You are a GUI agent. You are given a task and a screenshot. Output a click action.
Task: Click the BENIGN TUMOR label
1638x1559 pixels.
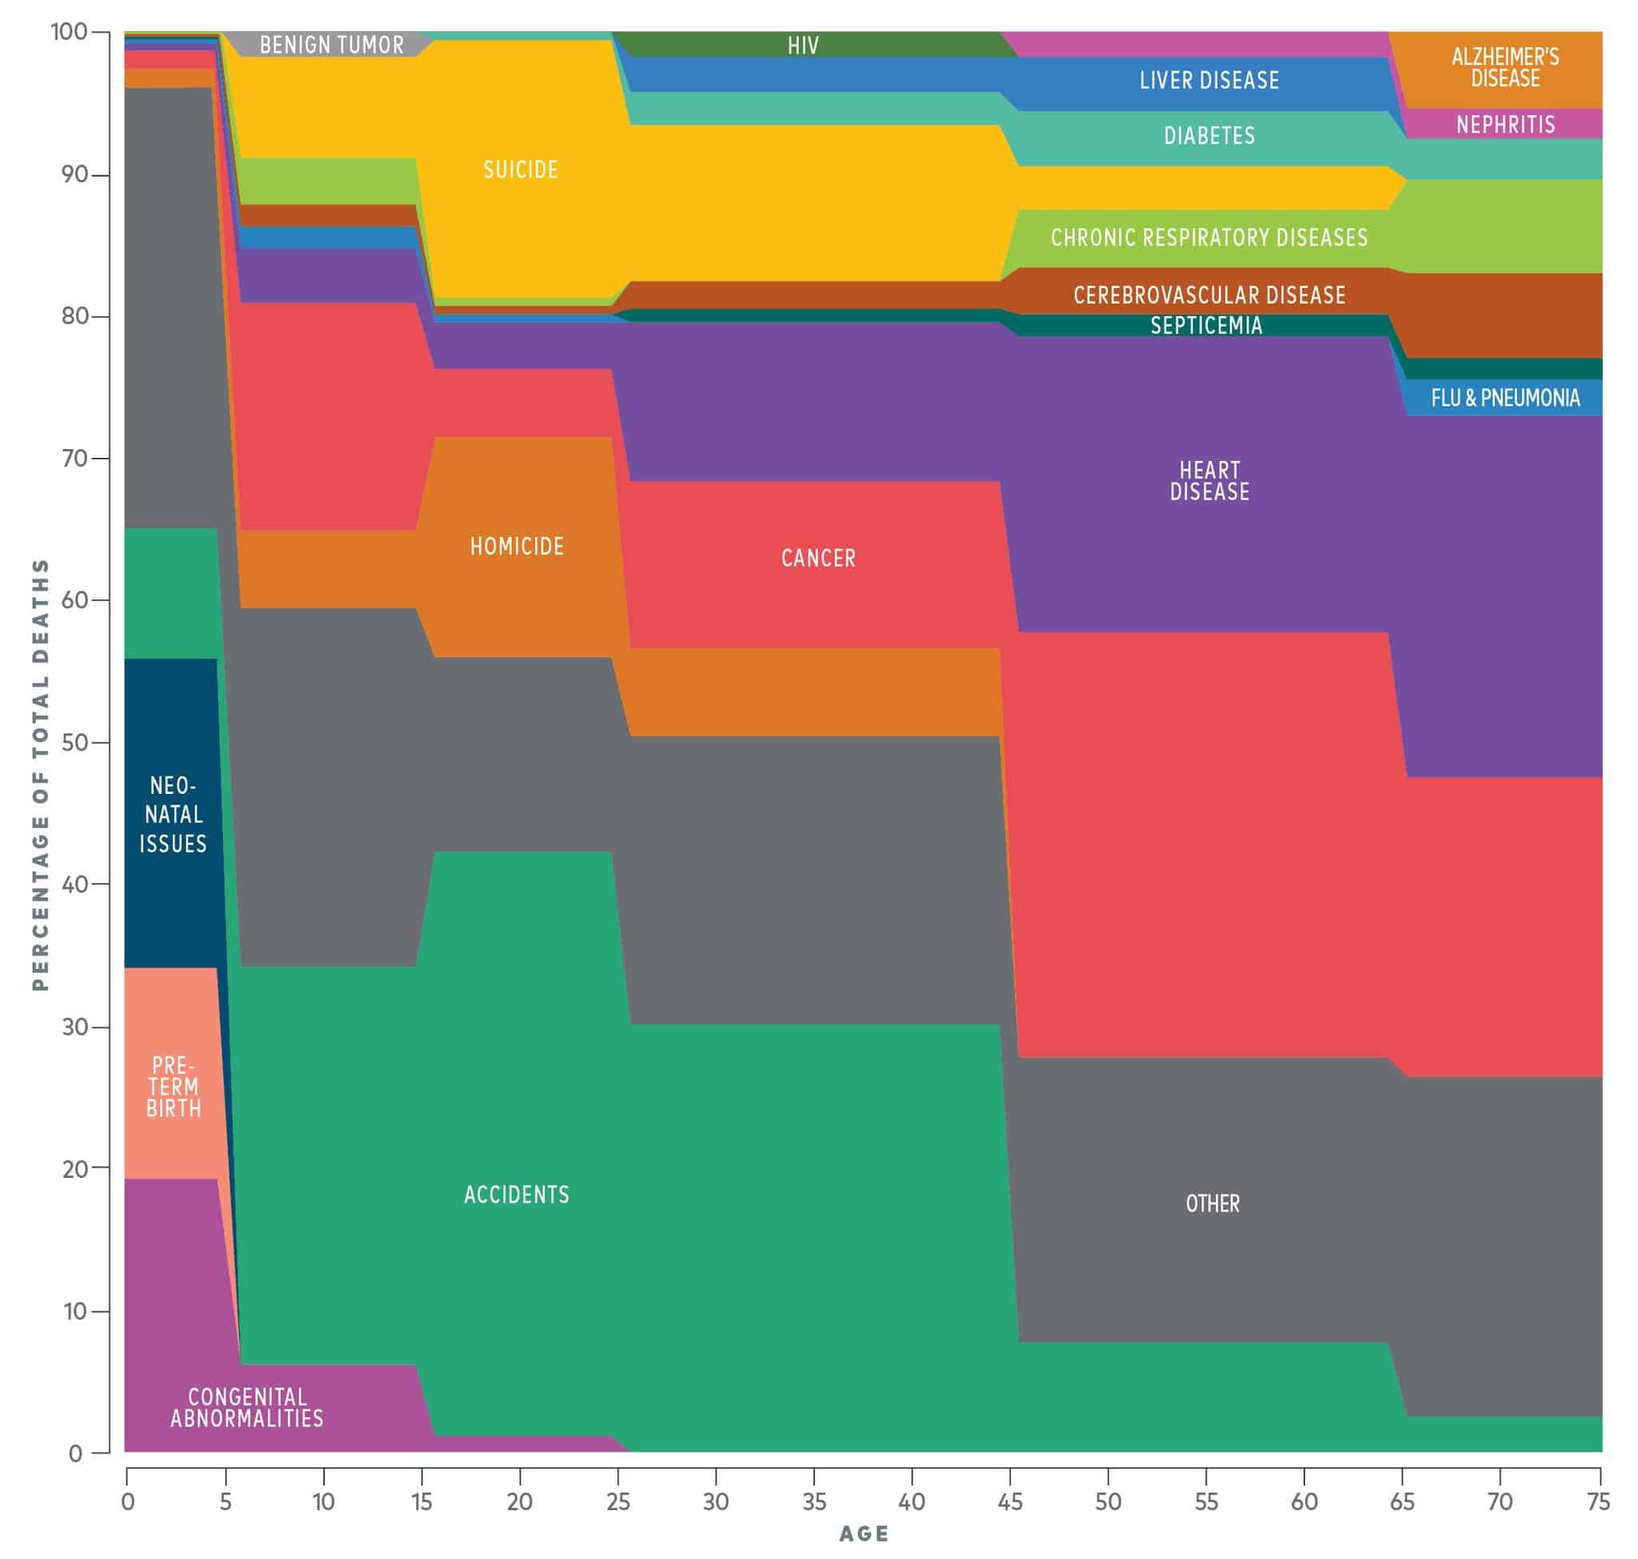pos(331,45)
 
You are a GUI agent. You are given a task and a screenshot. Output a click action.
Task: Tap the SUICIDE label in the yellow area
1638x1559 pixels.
pos(521,170)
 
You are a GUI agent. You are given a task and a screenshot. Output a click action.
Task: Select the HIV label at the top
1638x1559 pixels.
pos(803,45)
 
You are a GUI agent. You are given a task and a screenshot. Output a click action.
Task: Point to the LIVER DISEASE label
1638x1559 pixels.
pos(1209,81)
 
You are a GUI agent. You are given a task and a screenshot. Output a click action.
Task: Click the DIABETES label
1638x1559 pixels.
pos(1209,135)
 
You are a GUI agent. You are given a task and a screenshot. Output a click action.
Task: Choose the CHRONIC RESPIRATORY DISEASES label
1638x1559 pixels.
pos(1209,238)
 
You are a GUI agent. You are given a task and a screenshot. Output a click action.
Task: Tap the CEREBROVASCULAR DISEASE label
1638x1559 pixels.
pos(1209,295)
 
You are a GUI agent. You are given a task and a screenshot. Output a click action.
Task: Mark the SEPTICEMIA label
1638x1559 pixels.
pos(1206,325)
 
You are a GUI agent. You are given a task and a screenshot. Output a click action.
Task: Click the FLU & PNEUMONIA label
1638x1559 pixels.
pos(1504,398)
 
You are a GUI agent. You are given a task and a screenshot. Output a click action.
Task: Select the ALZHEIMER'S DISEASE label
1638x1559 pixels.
pos(1504,67)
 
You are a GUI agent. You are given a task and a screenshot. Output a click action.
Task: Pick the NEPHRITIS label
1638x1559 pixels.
pos(1504,125)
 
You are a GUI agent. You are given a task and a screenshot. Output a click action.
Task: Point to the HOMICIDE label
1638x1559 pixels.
pos(517,546)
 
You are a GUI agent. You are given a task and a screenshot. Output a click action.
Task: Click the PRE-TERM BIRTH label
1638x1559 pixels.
pos(174,1086)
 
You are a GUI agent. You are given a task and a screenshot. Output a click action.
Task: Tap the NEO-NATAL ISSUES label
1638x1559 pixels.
pos(173,815)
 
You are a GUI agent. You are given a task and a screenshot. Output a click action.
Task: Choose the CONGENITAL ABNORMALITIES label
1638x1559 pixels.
pos(246,1407)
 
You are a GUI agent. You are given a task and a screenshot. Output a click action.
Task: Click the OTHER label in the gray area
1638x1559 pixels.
pos(1212,1204)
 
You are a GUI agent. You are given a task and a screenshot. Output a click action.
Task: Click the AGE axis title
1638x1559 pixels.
pos(864,1534)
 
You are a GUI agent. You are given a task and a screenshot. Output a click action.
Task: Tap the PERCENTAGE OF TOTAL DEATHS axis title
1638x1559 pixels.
pos(41,775)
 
